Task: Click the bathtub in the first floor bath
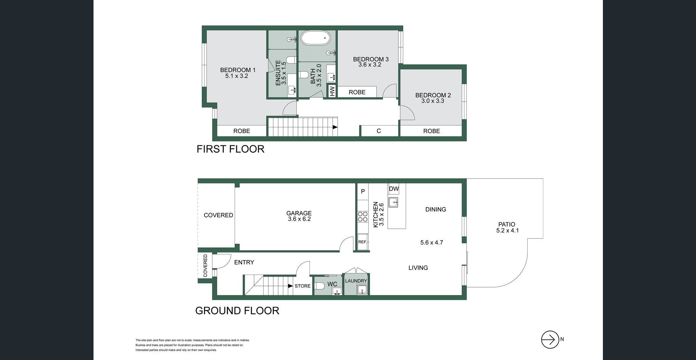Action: (315, 38)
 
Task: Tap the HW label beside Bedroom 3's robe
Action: (332, 91)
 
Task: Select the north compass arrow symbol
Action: (550, 339)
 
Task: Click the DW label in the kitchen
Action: (394, 189)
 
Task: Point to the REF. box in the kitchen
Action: (362, 242)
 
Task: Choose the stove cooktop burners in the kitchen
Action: (362, 217)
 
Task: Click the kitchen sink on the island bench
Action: (393, 202)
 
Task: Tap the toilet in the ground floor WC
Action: (320, 286)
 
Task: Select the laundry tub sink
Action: (362, 290)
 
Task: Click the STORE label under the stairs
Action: (303, 286)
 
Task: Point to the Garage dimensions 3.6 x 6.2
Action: (300, 219)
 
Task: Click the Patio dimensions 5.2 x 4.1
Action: (507, 230)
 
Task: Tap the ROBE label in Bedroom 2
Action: (432, 131)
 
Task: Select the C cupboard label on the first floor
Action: (379, 131)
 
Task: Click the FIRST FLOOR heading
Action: (230, 149)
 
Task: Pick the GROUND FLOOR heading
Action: (237, 310)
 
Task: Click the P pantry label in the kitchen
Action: (363, 191)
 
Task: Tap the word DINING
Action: (436, 209)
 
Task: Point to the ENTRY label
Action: (244, 262)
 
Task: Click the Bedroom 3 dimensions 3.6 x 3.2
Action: (370, 64)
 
